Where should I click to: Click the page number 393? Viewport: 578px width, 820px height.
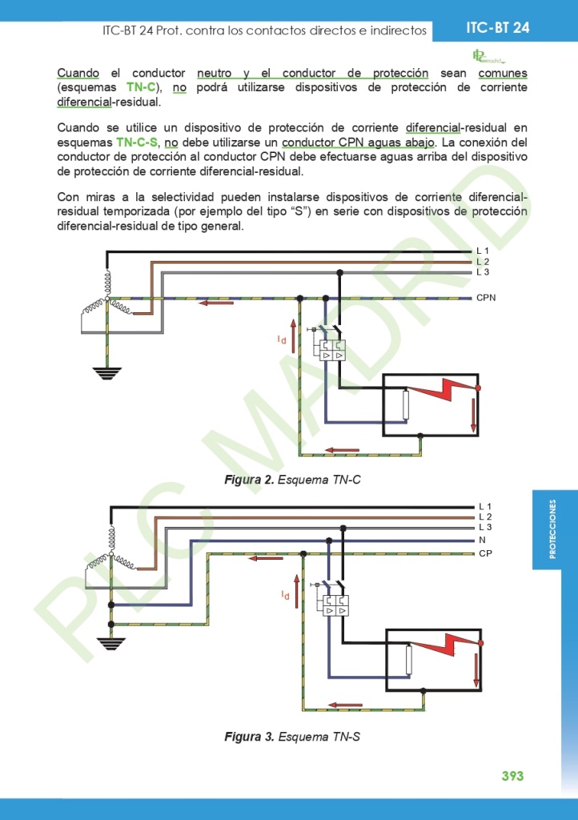pyautogui.click(x=512, y=776)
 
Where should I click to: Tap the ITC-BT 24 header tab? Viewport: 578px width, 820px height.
pyautogui.click(x=497, y=28)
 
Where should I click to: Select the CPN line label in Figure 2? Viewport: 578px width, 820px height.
pyautogui.click(x=486, y=297)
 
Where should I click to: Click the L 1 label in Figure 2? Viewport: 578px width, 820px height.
pyautogui.click(x=483, y=251)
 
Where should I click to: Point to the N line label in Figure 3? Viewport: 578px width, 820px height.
pyautogui.click(x=482, y=541)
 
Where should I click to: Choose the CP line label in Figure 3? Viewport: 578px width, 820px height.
pyautogui.click(x=484, y=553)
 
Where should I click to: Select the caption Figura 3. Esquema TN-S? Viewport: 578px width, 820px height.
pyautogui.click(x=292, y=736)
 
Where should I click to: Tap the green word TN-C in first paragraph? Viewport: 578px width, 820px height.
pyautogui.click(x=141, y=87)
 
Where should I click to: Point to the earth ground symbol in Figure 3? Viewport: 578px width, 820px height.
pyautogui.click(x=110, y=643)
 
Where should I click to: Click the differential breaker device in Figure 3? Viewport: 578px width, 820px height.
pyautogui.click(x=335, y=605)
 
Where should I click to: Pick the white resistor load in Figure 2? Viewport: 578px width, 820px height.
pyautogui.click(x=406, y=404)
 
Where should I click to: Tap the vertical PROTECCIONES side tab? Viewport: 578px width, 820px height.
pyautogui.click(x=553, y=530)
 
